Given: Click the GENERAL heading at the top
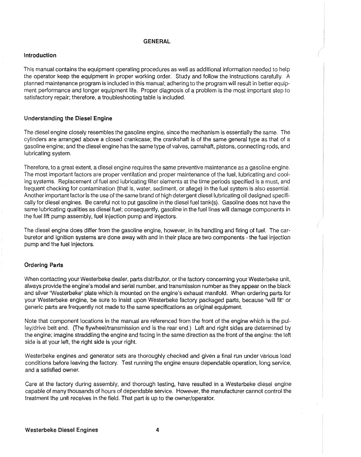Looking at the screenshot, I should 157,41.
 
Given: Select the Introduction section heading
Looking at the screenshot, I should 40,55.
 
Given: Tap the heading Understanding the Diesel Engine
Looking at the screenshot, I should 68,118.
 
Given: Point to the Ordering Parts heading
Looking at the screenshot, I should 43,265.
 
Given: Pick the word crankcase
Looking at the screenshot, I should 144,139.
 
